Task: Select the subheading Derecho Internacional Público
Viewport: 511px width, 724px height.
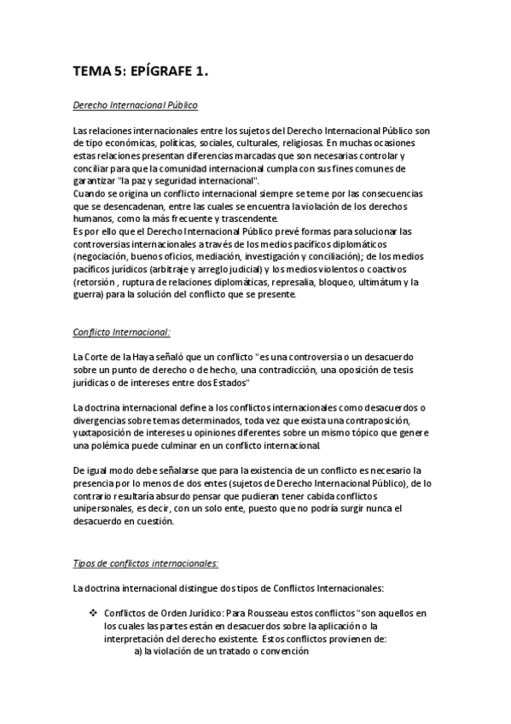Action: point(136,106)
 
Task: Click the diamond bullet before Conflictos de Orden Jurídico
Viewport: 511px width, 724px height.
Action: point(93,614)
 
